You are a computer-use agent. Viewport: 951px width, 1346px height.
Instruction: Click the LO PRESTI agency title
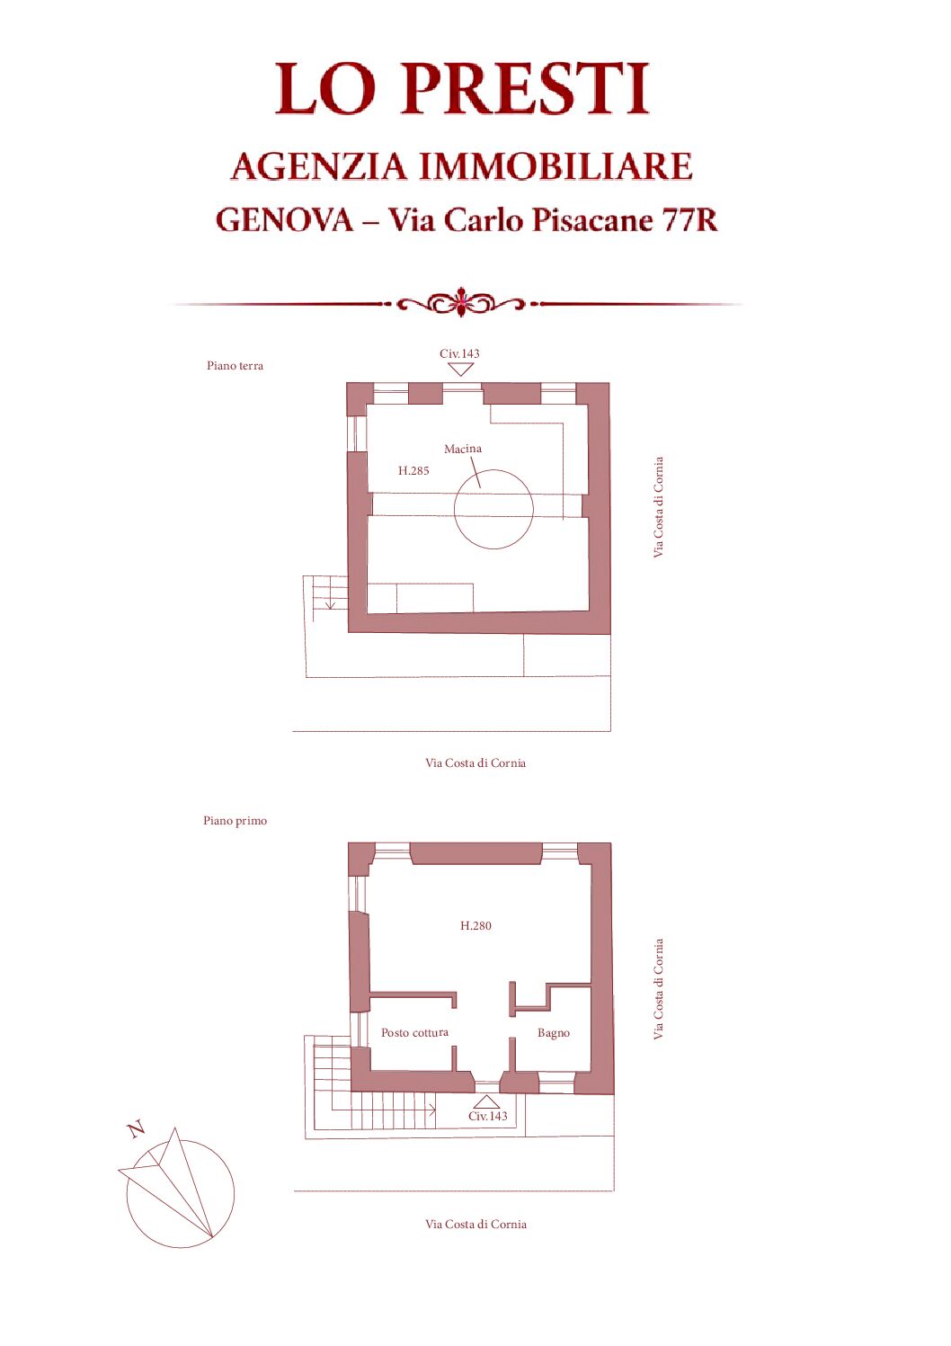[x=462, y=88]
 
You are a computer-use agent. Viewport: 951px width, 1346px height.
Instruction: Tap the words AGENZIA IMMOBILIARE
[x=462, y=166]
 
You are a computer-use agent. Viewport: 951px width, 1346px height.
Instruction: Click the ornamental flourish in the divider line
[x=461, y=302]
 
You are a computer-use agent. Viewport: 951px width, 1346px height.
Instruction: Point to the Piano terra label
[x=235, y=365]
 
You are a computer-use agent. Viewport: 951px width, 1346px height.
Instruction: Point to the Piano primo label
[x=235, y=820]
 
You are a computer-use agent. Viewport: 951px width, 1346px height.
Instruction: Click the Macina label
[x=463, y=449]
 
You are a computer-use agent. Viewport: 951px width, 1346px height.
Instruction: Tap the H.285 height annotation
[x=413, y=470]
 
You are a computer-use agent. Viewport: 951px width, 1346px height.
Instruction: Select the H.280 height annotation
[x=475, y=925]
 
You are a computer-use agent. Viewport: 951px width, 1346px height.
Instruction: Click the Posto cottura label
[x=414, y=1032]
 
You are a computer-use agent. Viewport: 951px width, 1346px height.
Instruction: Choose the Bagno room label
[x=554, y=1033]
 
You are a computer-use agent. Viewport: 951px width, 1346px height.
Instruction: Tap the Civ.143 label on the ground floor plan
[x=459, y=353]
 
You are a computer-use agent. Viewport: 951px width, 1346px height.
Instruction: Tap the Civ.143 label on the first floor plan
[x=488, y=1116]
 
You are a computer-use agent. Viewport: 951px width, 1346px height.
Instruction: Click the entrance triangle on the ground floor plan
[x=461, y=370]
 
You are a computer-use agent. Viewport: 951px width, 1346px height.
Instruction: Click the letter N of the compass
[x=137, y=1129]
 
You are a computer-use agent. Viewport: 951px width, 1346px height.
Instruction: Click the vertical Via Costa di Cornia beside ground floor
[x=659, y=507]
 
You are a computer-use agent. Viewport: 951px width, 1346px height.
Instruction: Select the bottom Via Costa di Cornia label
[x=475, y=1224]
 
